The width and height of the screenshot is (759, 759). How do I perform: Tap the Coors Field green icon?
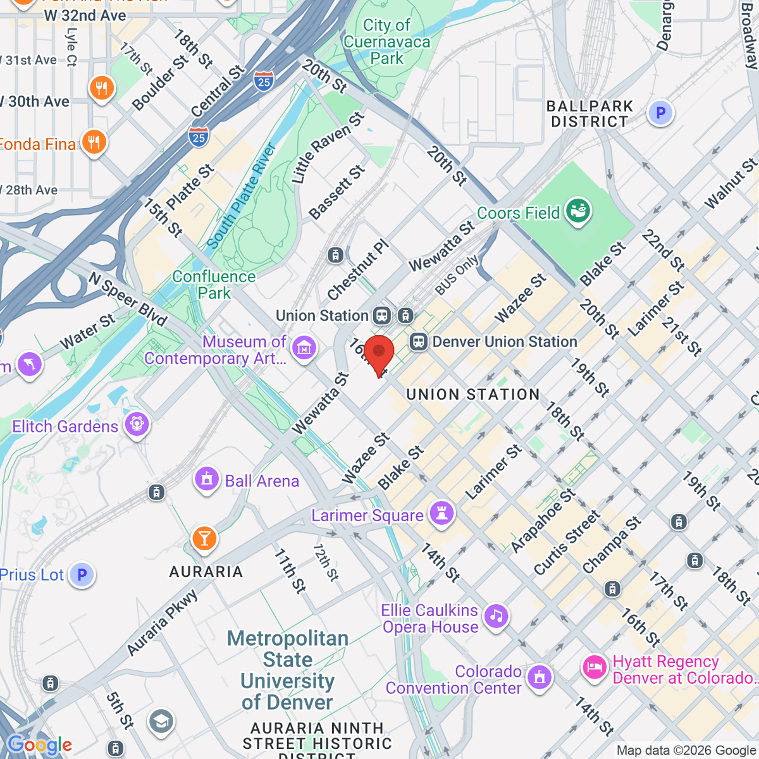tap(578, 212)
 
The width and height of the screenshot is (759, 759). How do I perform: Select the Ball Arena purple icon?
tap(207, 479)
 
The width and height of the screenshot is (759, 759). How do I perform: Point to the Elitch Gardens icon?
tap(137, 425)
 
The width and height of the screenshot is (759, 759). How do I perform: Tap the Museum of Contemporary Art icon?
tap(304, 349)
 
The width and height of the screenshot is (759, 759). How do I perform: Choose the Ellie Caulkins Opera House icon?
tap(497, 616)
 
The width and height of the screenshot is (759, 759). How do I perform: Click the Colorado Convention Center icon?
tap(539, 677)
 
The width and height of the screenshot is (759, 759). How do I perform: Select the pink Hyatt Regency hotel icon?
tap(595, 668)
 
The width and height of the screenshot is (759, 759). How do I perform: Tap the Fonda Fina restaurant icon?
tap(94, 143)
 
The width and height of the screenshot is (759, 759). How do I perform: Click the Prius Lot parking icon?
tap(82, 575)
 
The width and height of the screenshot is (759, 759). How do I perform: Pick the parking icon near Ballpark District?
tap(660, 113)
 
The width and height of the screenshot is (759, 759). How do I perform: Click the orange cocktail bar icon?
tap(204, 539)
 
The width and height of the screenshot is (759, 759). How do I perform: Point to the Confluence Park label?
tap(214, 285)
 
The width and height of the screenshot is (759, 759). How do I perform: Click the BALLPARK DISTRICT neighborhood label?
tap(589, 114)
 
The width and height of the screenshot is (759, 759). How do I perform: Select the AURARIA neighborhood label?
tap(206, 572)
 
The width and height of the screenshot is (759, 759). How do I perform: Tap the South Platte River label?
tap(241, 196)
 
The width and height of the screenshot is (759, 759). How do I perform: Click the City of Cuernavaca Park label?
tap(386, 42)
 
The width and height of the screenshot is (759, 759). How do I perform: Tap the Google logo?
tap(39, 744)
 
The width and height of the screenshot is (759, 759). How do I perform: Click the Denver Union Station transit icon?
tap(417, 342)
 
